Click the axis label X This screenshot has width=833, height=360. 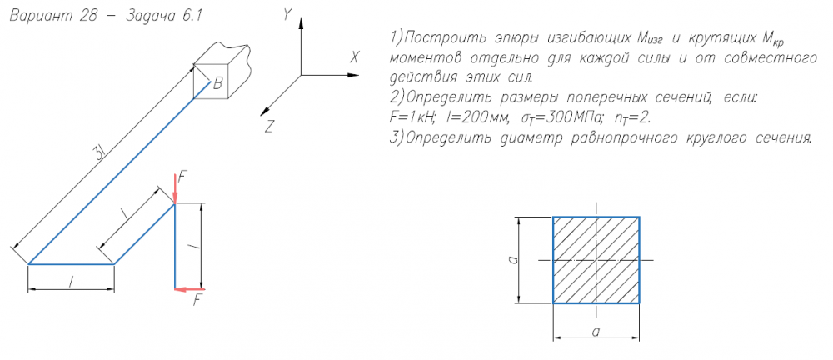point(354,57)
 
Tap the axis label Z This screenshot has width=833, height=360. point(269,126)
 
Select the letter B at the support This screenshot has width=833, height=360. point(217,82)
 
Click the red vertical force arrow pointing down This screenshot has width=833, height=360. point(175,187)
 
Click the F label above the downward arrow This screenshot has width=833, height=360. point(183,175)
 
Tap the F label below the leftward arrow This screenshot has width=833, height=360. point(197,301)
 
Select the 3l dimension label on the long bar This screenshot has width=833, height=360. point(99,153)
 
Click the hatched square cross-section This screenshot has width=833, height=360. point(596,260)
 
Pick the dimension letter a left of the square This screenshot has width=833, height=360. point(515,260)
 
